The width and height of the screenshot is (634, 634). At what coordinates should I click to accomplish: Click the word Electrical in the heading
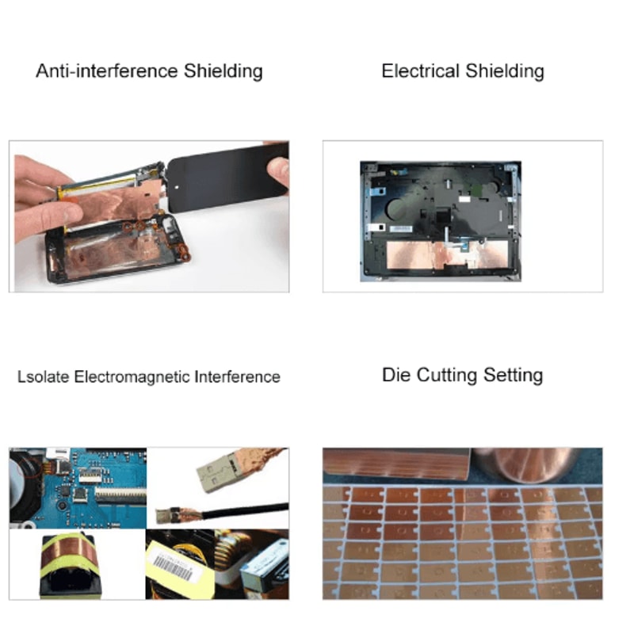click(x=421, y=71)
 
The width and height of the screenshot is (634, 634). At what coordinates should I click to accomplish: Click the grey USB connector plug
click(x=216, y=475)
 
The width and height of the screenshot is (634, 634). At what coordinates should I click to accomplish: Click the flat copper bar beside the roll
click(x=396, y=464)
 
